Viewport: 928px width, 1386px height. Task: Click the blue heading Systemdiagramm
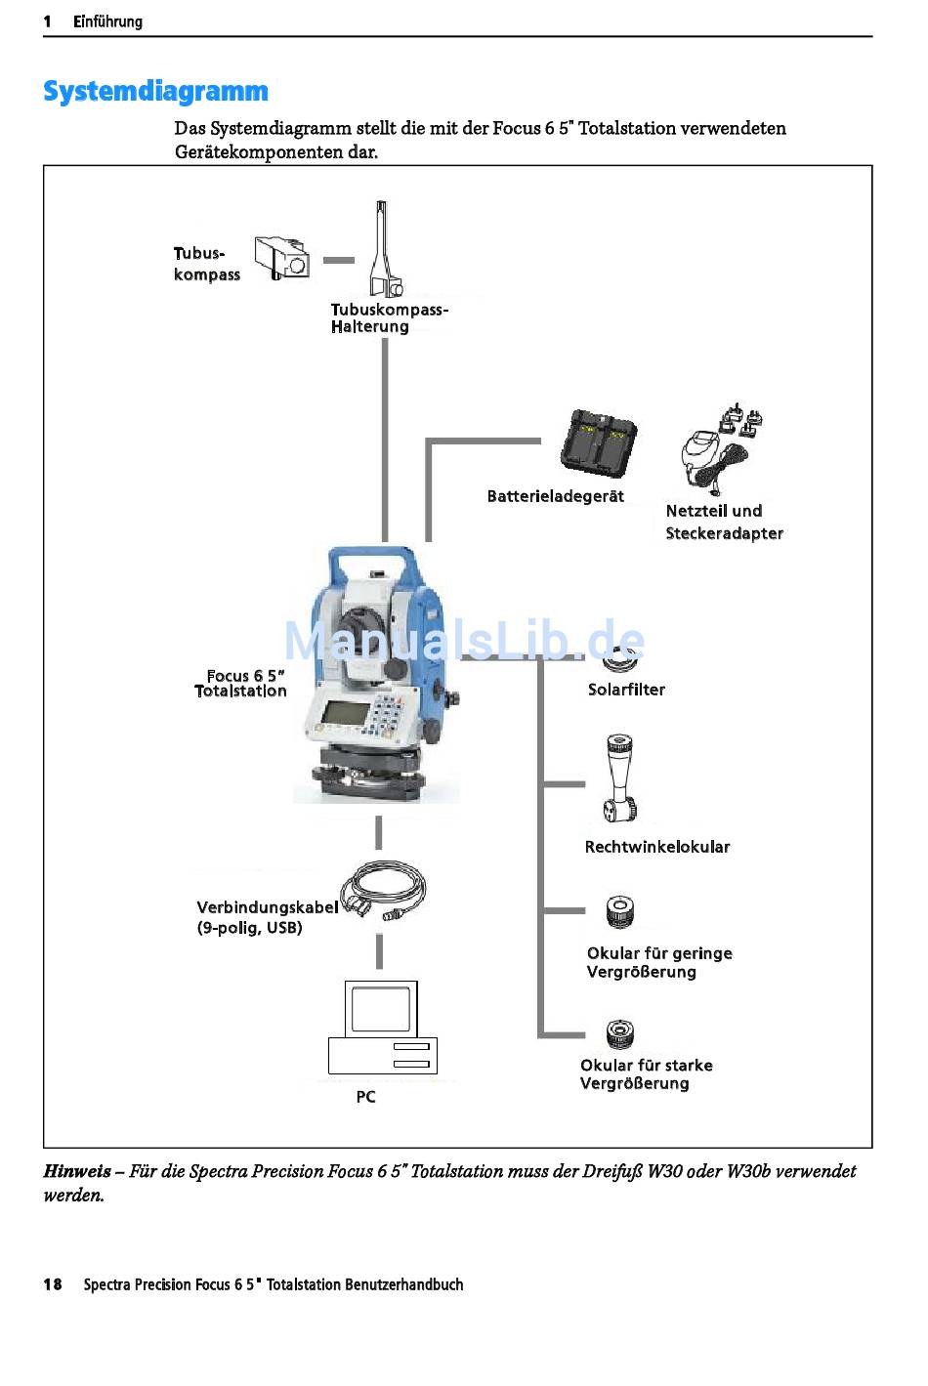155,91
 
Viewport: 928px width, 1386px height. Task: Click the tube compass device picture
282,258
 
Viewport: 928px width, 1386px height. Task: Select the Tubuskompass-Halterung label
389,318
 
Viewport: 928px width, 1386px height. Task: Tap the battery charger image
598,444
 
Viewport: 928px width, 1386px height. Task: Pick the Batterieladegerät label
555,496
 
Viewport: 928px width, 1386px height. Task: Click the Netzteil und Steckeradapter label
724,522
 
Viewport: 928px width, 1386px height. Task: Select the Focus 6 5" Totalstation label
241,684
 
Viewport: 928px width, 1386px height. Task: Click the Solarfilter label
626,690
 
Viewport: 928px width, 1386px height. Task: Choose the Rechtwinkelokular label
656,847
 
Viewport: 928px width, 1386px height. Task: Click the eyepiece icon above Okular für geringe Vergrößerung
620,912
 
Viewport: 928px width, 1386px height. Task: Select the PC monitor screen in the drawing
380,1008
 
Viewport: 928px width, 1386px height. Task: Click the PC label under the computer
365,1097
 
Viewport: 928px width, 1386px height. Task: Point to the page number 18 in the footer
53,1284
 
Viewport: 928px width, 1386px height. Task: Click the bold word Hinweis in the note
76,1171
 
